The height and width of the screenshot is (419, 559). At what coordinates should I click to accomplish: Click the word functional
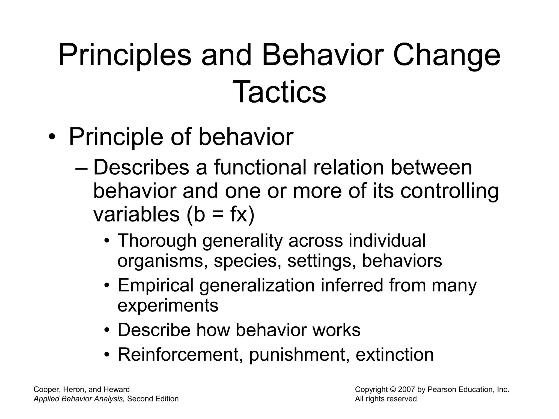[260, 167]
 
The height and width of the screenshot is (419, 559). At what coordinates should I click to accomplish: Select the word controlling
[450, 191]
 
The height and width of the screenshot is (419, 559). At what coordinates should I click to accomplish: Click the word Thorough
[157, 241]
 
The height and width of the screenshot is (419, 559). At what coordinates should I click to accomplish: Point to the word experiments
[168, 306]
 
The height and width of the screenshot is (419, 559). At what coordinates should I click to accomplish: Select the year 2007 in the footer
[407, 390]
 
